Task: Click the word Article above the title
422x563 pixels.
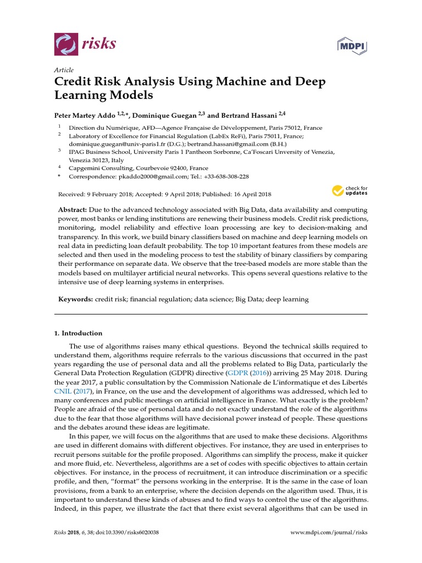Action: pyautogui.click(x=64, y=70)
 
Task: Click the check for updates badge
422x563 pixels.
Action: pyautogui.click(x=350, y=191)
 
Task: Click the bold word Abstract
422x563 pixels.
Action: pyautogui.click(x=73, y=210)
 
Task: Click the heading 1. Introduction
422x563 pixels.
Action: pyautogui.click(x=78, y=333)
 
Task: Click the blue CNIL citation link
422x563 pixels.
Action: pyautogui.click(x=63, y=391)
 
